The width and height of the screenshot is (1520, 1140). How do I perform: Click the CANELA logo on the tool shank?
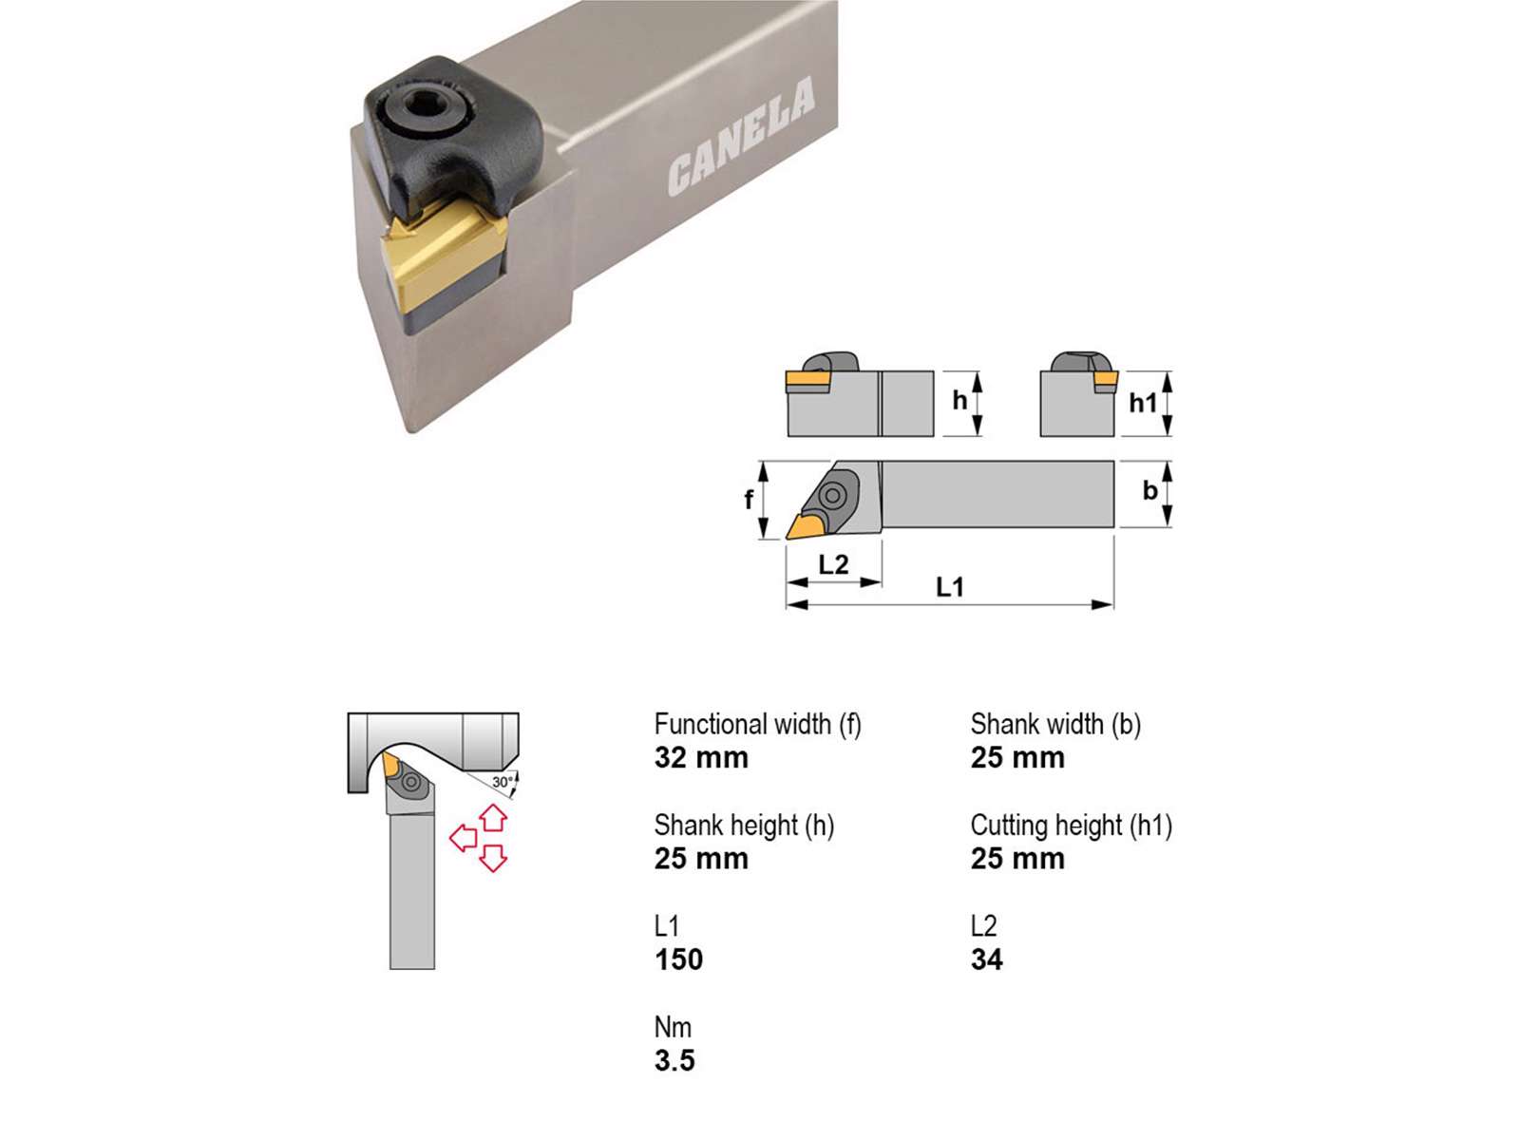tap(742, 137)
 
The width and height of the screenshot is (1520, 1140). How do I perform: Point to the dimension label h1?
tap(1143, 402)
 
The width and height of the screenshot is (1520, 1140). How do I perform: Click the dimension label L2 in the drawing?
tap(833, 565)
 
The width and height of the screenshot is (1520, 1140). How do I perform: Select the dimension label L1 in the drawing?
tap(950, 587)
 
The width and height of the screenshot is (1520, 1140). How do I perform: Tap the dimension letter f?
tap(749, 499)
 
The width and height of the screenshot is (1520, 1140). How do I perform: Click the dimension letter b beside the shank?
tap(1149, 490)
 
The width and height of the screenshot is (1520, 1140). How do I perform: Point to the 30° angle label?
tap(503, 782)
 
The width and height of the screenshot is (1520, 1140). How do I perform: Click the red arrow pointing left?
tap(464, 839)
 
